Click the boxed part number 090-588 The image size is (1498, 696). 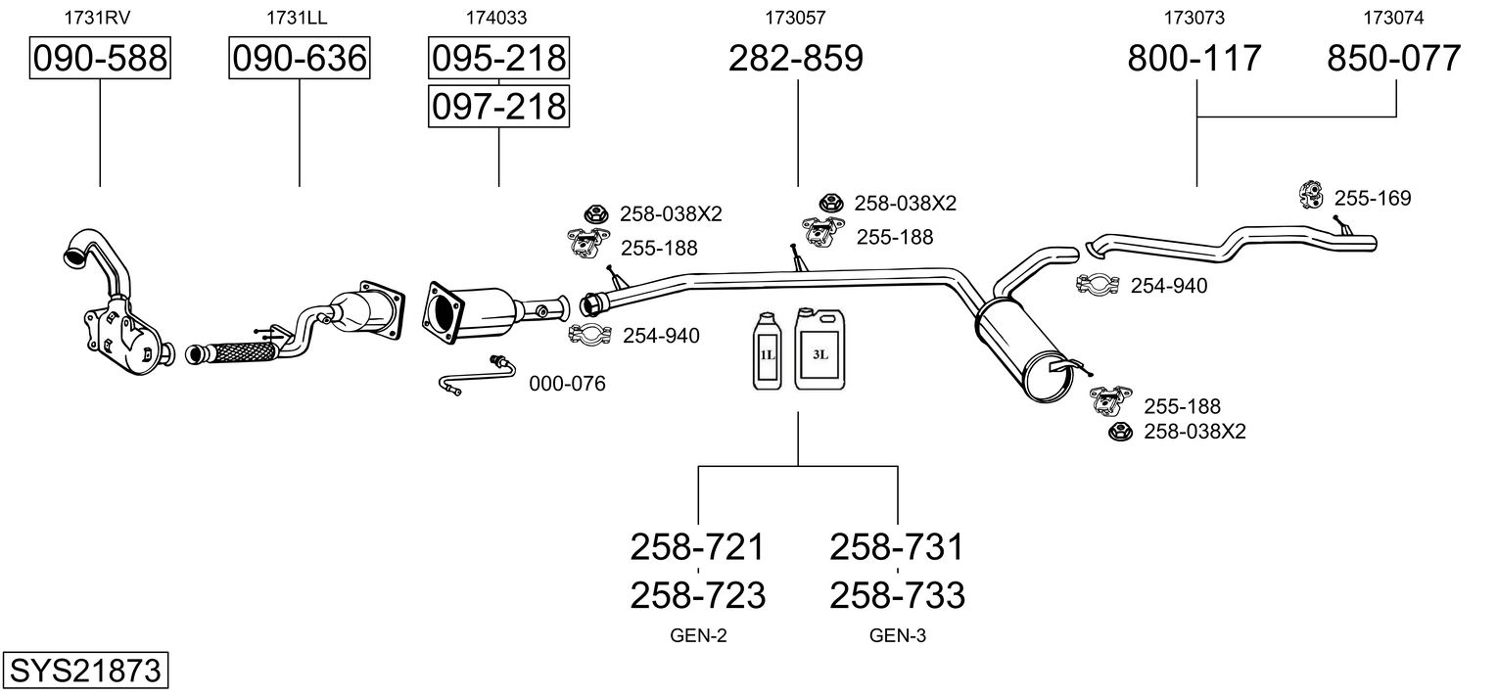(x=100, y=59)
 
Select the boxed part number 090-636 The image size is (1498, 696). (x=299, y=59)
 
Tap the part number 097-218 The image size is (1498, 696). (x=498, y=105)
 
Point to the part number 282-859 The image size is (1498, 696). (x=796, y=59)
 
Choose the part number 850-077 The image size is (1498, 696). (x=1394, y=59)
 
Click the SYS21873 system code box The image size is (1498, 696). (x=84, y=672)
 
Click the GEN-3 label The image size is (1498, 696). (x=897, y=636)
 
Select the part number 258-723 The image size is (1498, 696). (x=697, y=594)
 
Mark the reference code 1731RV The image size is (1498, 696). (x=97, y=17)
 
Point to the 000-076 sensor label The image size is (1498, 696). (x=567, y=384)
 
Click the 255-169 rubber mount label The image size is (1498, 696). (x=1373, y=199)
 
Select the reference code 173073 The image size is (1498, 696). (x=1194, y=17)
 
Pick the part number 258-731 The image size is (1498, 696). (x=897, y=546)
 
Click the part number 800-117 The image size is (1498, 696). (x=1194, y=59)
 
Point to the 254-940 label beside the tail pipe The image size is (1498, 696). (x=1169, y=286)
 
